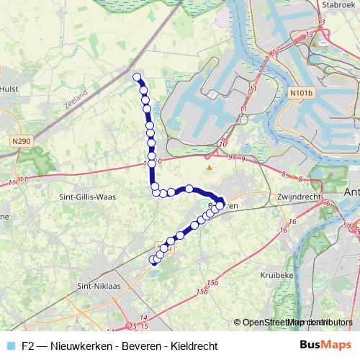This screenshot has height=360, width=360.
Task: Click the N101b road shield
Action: click(303, 93)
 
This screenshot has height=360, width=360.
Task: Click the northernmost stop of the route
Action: click(137, 76)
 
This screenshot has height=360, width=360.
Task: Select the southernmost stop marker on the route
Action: click(153, 260)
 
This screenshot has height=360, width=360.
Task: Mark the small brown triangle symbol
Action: click(210, 168)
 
